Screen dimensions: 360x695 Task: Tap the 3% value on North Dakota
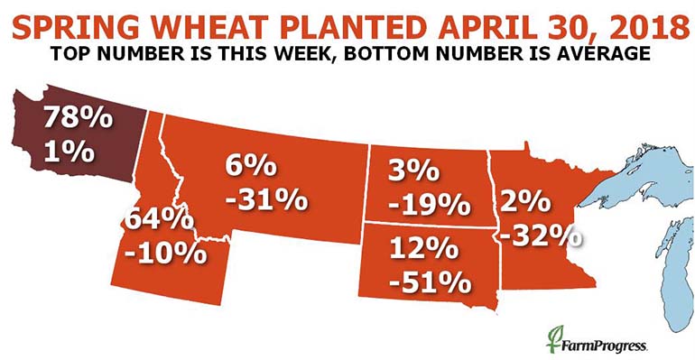tap(414, 171)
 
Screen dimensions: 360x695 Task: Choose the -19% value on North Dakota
tap(427, 204)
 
